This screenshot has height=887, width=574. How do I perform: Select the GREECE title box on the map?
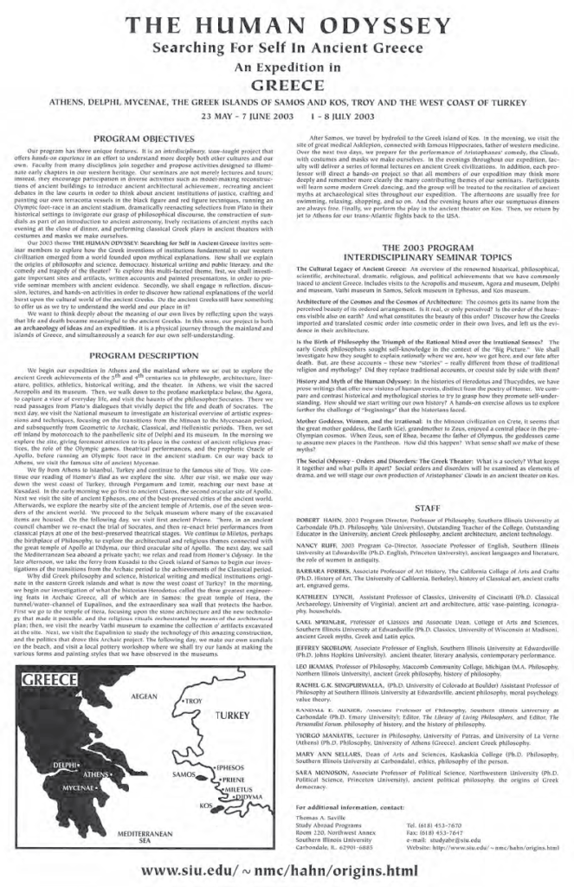(x=59, y=704)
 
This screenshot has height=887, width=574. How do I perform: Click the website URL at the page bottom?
(x=287, y=870)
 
